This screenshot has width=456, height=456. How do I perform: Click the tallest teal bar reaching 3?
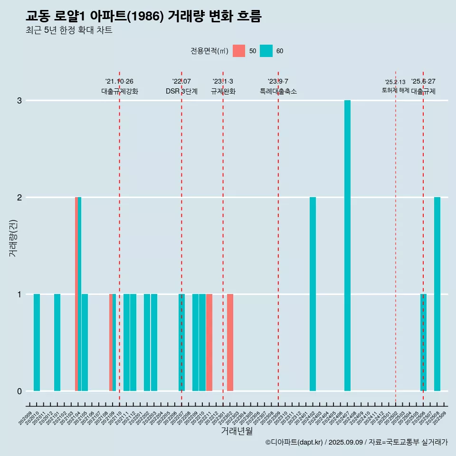[x=347, y=246]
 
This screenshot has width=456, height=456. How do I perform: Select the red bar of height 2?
[x=76, y=294]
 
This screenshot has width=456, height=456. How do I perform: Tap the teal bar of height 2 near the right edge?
[x=437, y=294]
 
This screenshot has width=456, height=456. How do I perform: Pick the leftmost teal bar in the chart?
[x=37, y=342]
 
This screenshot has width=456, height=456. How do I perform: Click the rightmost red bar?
[x=230, y=342]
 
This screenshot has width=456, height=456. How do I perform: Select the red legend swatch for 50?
[x=239, y=51]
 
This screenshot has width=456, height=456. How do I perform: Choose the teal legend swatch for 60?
[x=266, y=51]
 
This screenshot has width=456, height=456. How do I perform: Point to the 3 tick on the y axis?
[x=19, y=100]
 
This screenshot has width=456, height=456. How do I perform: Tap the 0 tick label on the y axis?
[x=19, y=391]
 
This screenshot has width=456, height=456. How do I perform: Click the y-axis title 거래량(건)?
[x=13, y=238]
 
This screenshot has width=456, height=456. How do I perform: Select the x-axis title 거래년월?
[x=237, y=431]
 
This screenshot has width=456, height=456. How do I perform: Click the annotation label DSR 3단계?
[x=181, y=91]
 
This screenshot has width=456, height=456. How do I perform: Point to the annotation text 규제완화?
[x=223, y=91]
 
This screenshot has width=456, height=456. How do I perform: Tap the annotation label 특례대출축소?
[x=278, y=91]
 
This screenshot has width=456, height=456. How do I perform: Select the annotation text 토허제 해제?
[x=395, y=90]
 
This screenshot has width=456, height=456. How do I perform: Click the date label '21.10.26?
[x=119, y=81]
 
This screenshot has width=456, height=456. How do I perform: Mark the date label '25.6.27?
[x=423, y=81]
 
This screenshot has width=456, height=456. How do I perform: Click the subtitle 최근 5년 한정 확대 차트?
[x=69, y=30]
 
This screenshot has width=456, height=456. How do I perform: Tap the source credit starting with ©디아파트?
[x=356, y=442]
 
